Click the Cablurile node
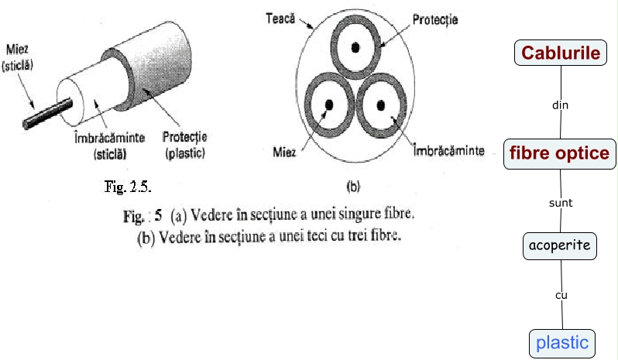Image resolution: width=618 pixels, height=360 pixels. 561,53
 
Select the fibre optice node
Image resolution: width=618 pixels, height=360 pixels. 560,153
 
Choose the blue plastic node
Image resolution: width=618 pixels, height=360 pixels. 562,342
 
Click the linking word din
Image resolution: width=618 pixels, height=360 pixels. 560,105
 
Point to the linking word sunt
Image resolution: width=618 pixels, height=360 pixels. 560,202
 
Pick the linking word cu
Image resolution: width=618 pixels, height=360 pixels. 561,296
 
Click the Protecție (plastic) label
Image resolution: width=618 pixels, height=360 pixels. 184,145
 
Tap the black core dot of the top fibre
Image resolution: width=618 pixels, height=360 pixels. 355,47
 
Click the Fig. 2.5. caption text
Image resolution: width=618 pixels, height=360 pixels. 126,187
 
